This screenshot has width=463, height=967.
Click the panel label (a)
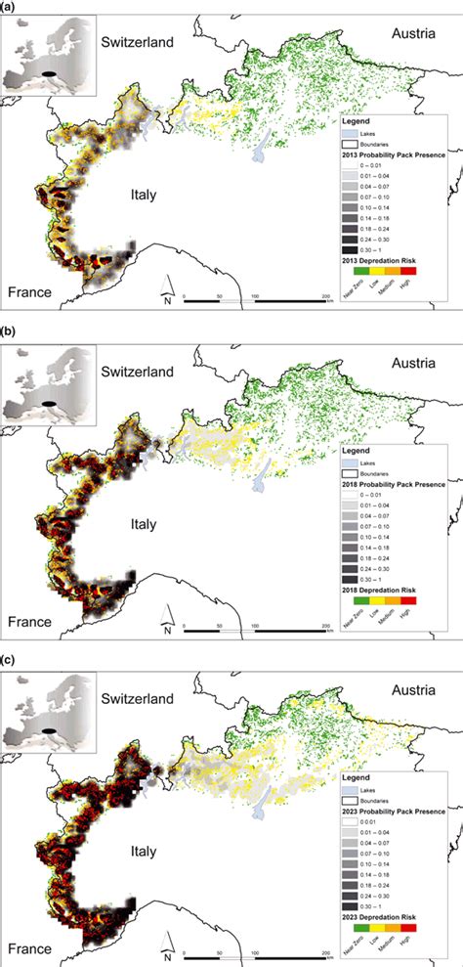pyautogui.click(x=9, y=8)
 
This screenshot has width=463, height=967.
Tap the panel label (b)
pyautogui.click(x=9, y=331)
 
